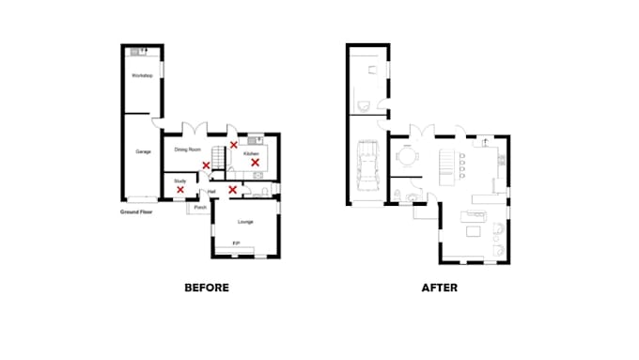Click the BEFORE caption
[206, 288]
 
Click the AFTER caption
[439, 288]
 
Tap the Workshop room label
[142, 74]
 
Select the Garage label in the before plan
[143, 151]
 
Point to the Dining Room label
[188, 149]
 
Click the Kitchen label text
[251, 152]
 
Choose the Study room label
[179, 180]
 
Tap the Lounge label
[245, 222]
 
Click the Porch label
[200, 208]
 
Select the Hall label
[212, 191]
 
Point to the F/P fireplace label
[236, 243]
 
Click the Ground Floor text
[136, 212]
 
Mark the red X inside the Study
[180, 190]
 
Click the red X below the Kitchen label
[254, 163]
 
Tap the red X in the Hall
[232, 190]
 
